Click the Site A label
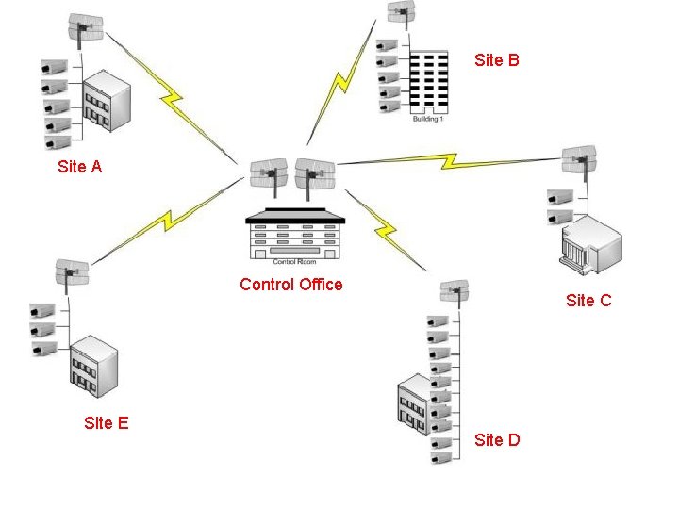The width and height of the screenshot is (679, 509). (x=79, y=167)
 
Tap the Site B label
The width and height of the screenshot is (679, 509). (x=497, y=60)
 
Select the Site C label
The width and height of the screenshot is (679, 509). (x=588, y=300)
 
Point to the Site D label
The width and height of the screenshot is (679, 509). (x=497, y=440)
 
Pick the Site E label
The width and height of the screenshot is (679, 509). (x=106, y=423)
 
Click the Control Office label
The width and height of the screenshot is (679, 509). (x=291, y=284)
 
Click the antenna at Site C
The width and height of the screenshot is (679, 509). (x=579, y=160)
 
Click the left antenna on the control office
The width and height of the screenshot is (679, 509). (x=268, y=174)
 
